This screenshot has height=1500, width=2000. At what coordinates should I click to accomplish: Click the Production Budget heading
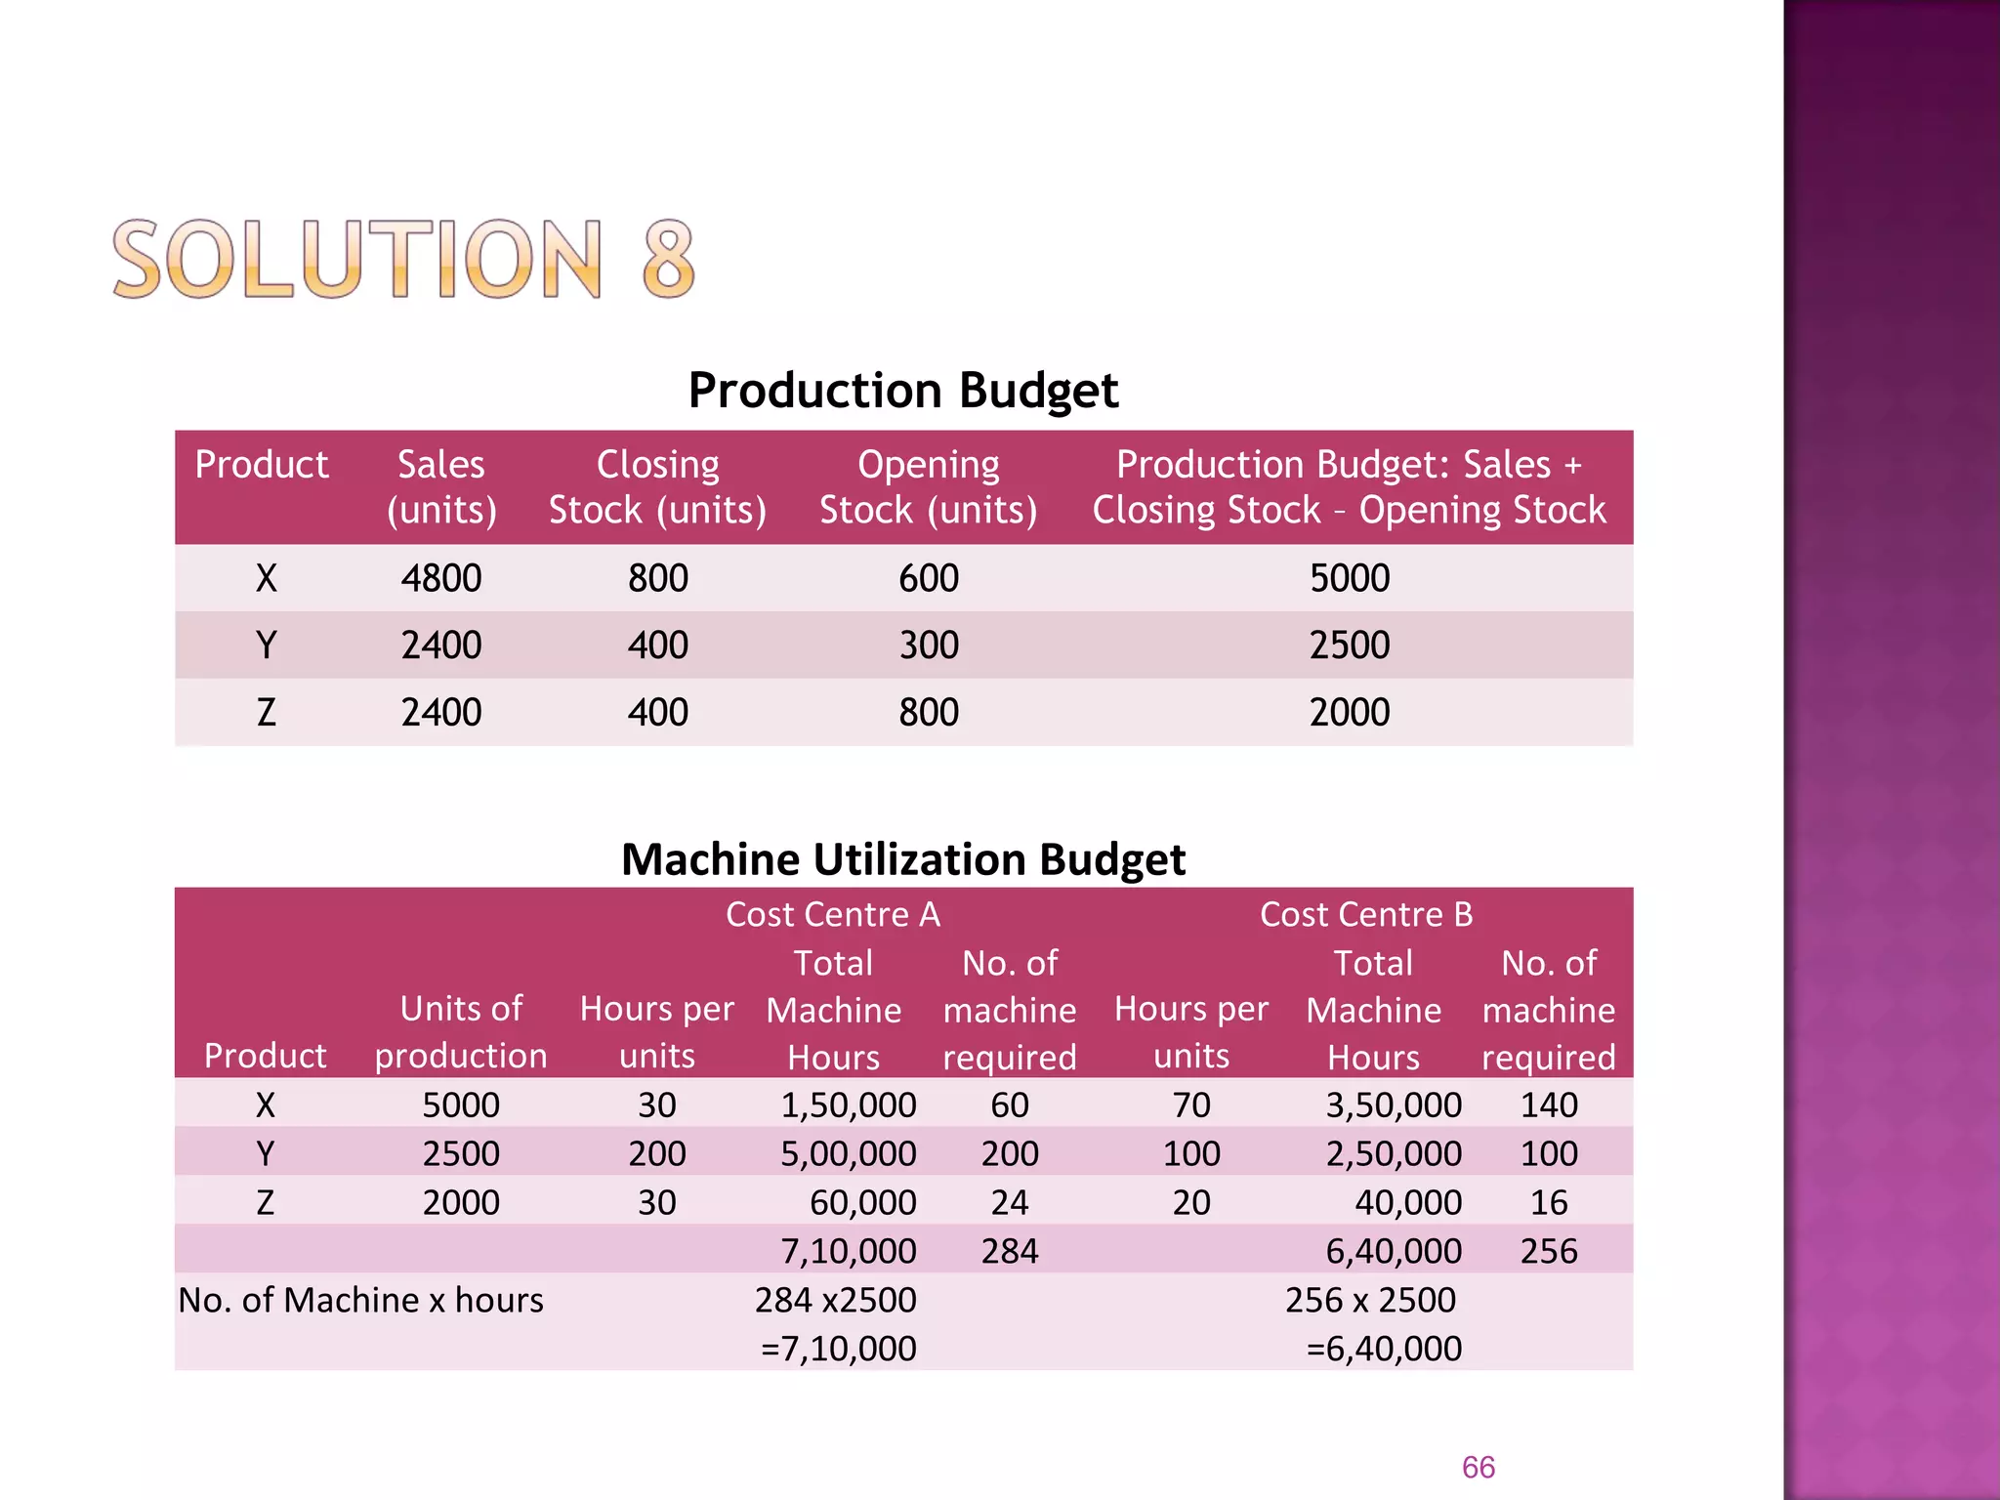click(902, 391)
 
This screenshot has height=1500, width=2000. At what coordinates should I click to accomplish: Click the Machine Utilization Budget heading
click(902, 859)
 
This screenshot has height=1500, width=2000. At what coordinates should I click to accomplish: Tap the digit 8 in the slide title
click(668, 259)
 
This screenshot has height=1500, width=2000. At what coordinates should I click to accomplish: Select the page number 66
click(1478, 1467)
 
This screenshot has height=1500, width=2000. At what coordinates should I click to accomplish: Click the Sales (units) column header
click(441, 486)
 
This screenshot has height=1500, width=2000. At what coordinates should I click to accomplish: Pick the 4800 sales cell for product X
click(441, 578)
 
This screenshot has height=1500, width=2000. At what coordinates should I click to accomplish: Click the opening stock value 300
click(928, 646)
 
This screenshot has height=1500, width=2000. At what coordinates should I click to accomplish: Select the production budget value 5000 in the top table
click(1349, 578)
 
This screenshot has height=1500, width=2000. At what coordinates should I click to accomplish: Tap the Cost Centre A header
click(833, 914)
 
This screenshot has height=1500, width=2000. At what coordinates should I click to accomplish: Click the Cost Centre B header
click(1365, 914)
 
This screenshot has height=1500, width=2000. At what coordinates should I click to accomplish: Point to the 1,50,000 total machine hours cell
click(848, 1104)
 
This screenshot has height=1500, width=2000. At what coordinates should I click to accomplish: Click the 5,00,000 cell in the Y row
click(848, 1153)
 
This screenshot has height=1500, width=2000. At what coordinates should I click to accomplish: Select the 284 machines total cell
click(1009, 1251)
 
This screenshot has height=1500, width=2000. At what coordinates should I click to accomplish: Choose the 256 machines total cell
click(1548, 1251)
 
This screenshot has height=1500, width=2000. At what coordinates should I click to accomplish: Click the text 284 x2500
click(835, 1300)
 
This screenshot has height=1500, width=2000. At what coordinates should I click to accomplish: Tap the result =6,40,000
click(1383, 1349)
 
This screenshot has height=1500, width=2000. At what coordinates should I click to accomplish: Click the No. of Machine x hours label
click(360, 1300)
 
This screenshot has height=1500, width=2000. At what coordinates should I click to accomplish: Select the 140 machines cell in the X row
click(1548, 1104)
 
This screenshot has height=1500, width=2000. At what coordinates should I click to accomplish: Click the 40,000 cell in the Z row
click(1407, 1202)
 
